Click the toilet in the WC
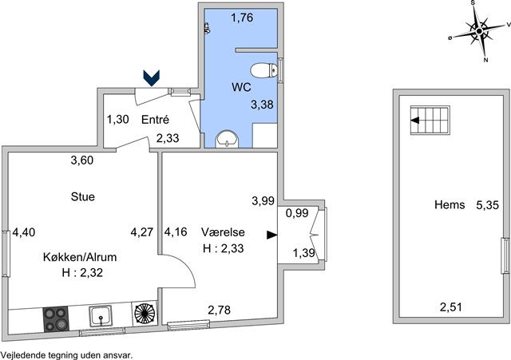pos(264,70)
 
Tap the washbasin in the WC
pos(227,139)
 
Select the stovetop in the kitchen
pos(55,319)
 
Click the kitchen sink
pos(101,316)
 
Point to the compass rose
pos(479,31)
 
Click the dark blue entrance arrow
pos(152,78)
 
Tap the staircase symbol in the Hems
pos(430,121)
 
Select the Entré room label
pos(155,120)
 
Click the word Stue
pos(83,197)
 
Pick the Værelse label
pos(223,232)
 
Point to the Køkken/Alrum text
pos(80,257)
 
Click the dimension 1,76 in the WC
pos(242,18)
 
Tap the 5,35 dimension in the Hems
pos(488,205)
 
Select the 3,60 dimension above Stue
pos(82,160)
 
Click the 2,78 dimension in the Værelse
pos(220,310)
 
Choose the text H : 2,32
pos(82,272)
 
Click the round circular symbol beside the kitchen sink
pos(145,313)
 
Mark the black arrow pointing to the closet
pos(271,235)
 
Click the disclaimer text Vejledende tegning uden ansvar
pos(66,355)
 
